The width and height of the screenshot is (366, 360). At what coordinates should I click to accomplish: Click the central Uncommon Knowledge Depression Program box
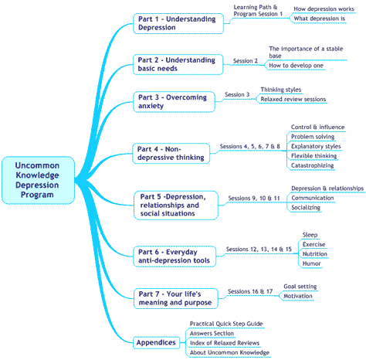(38, 180)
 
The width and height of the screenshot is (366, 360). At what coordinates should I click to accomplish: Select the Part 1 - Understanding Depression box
(178, 23)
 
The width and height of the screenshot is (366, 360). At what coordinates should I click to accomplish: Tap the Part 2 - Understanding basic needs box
(178, 64)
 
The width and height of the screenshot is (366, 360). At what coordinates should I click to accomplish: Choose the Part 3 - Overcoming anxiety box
(174, 102)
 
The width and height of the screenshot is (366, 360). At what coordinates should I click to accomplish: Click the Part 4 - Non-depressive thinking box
(171, 154)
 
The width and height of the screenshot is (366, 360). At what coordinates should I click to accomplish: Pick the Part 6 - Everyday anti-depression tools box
(175, 256)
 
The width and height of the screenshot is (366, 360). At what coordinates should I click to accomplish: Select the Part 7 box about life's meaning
(176, 298)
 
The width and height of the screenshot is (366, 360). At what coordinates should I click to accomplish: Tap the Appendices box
(156, 342)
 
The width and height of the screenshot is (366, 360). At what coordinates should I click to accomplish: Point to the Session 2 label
(246, 61)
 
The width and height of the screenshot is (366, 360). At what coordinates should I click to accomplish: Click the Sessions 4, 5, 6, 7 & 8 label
(249, 147)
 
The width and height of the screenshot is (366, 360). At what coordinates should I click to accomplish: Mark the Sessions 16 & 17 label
(250, 291)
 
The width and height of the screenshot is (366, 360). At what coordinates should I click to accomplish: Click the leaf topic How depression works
(324, 9)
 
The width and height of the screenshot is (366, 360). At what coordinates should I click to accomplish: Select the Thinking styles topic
(281, 90)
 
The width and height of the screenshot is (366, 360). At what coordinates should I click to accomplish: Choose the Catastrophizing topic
(312, 165)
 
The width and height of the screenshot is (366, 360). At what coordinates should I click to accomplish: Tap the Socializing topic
(306, 208)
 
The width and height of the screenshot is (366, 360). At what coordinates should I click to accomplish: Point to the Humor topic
(311, 263)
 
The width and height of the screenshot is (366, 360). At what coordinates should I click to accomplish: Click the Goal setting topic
(300, 287)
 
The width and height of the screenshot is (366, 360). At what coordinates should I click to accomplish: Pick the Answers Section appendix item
(212, 334)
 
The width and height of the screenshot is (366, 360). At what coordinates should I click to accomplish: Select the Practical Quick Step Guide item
(226, 324)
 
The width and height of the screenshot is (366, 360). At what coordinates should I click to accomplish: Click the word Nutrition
(315, 254)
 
